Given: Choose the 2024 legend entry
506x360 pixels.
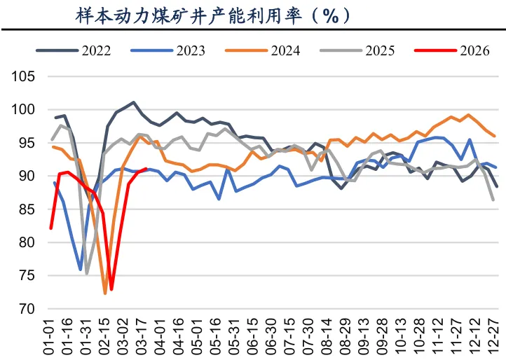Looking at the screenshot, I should (x=281, y=50).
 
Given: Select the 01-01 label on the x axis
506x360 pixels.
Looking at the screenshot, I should (x=51, y=335).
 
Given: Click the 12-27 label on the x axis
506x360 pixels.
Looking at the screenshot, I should (x=495, y=335).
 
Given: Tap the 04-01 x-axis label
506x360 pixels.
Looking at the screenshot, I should (x=162, y=335).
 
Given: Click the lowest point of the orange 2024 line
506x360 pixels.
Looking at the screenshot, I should (x=105, y=293).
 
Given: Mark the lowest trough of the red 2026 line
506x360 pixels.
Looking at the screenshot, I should (x=111, y=289).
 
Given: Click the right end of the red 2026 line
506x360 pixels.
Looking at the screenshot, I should (x=145, y=169).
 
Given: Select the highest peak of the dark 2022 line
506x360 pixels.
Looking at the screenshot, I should (x=133, y=102).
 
